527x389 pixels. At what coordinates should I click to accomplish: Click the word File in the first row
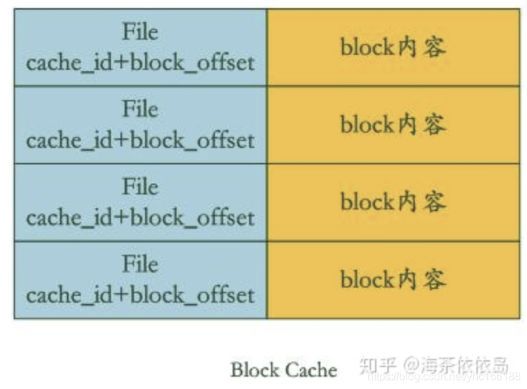click(x=140, y=32)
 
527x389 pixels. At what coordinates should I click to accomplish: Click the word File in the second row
click(x=140, y=110)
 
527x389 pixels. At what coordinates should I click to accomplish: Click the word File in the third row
click(x=140, y=187)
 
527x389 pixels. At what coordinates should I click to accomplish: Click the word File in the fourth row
click(x=140, y=264)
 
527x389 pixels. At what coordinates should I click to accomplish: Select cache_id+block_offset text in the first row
click(x=140, y=63)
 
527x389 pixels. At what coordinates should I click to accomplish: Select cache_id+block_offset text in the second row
click(x=140, y=140)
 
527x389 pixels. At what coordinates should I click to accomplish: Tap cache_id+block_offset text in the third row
click(x=140, y=218)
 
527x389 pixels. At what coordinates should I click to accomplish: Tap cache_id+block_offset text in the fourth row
click(x=140, y=295)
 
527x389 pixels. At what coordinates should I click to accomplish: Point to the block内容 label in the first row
click(x=393, y=47)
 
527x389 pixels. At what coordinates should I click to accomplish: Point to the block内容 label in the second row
click(x=393, y=125)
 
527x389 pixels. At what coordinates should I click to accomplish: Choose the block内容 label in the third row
click(x=393, y=202)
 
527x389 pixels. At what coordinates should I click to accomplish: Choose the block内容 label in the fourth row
click(x=393, y=279)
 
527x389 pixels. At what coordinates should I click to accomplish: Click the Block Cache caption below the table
click(x=283, y=370)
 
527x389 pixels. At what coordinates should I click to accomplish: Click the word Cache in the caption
click(x=311, y=370)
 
